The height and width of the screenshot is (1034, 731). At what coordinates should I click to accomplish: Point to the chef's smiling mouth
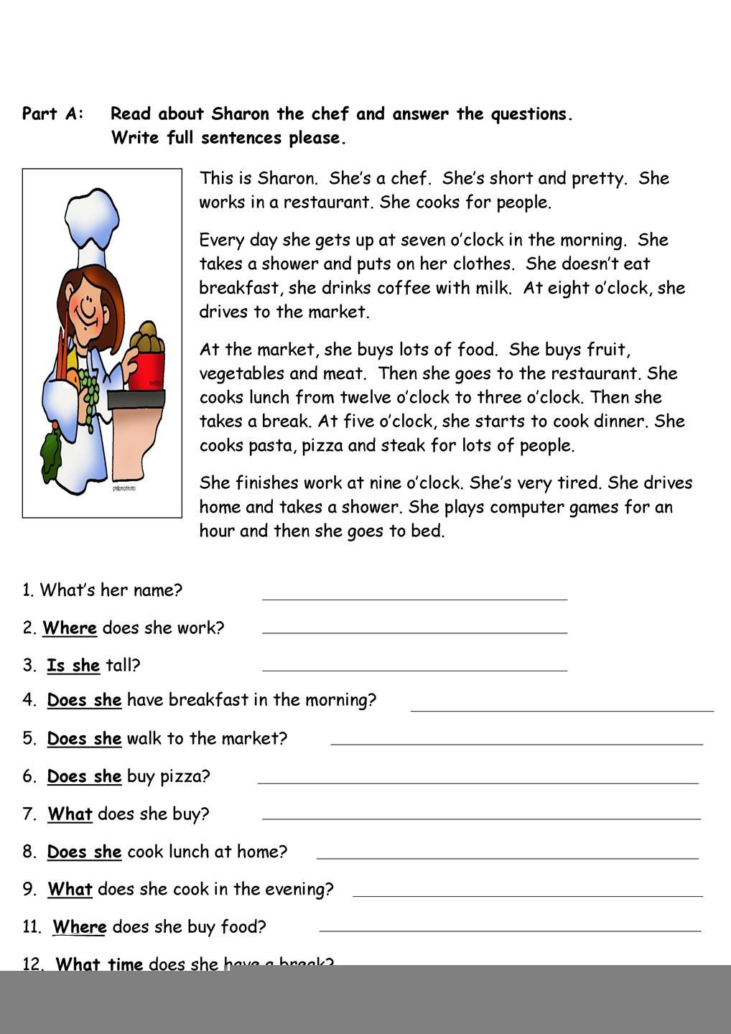tap(88, 314)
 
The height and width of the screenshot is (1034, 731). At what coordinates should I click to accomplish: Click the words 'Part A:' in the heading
tap(53, 114)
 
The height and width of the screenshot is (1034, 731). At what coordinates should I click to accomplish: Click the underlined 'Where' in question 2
tap(70, 628)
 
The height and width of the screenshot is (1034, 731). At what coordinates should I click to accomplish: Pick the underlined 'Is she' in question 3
tap(73, 666)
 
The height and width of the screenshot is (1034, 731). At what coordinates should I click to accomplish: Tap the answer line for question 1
tap(414, 598)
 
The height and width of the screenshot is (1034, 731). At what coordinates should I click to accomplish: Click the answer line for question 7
tap(481, 818)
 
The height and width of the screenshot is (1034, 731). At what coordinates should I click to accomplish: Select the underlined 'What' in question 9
tap(70, 890)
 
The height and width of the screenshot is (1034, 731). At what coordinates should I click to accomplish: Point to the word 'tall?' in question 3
tap(123, 666)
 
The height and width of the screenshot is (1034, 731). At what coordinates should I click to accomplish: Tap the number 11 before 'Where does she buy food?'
tap(32, 927)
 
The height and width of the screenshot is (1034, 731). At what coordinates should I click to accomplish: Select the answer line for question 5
tap(516, 744)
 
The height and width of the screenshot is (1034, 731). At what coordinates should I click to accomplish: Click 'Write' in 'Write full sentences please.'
tap(136, 138)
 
